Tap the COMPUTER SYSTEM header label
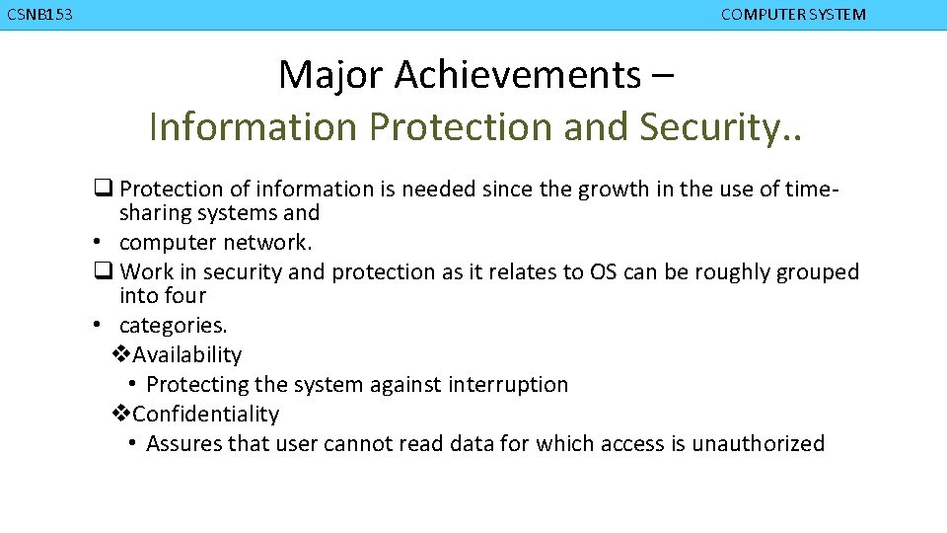(793, 15)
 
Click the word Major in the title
(321, 74)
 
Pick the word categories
(173, 325)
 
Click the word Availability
(186, 354)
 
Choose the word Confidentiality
(205, 414)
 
